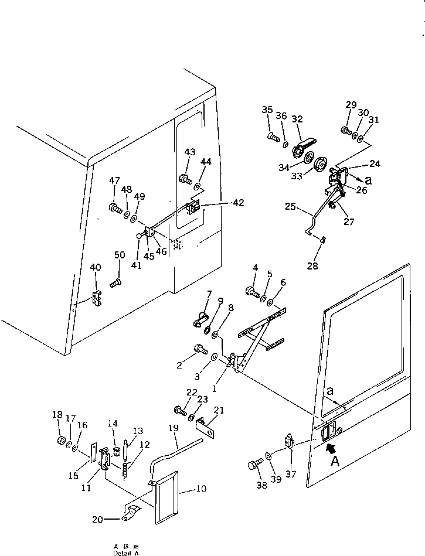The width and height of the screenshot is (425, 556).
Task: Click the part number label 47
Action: tap(114, 181)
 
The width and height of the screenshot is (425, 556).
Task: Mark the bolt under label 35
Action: tap(273, 138)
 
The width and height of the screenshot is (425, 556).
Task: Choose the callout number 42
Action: tap(237, 203)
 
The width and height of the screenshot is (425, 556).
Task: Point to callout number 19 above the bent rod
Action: tap(173, 428)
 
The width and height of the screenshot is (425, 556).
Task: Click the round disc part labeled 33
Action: tap(321, 165)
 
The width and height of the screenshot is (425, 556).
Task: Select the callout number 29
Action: tap(351, 105)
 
